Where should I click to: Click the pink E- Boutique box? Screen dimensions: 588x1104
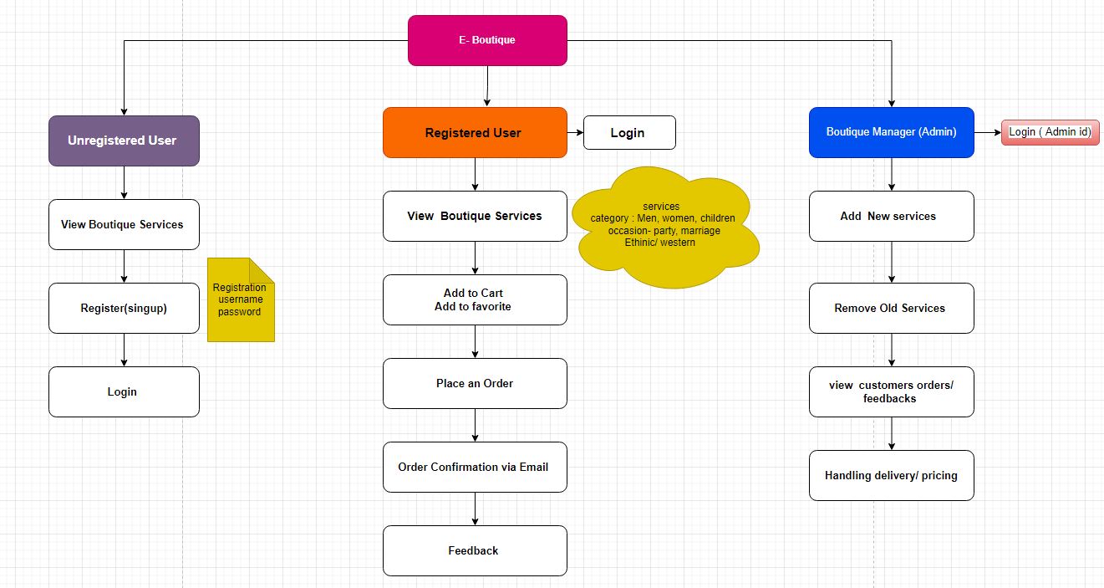click(487, 40)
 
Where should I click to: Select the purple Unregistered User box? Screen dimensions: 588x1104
click(124, 141)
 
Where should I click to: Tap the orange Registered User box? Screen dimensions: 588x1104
click(475, 132)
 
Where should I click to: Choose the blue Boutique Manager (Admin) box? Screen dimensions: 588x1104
click(891, 132)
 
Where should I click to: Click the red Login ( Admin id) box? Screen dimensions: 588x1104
click(1050, 132)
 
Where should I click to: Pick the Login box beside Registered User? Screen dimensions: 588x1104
click(628, 132)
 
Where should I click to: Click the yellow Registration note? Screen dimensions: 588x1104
click(240, 299)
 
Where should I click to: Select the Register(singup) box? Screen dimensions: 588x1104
click(124, 308)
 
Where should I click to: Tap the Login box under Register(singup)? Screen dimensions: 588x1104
click(124, 391)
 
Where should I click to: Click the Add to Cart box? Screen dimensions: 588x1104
click(475, 299)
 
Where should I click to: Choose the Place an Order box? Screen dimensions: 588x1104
click(475, 383)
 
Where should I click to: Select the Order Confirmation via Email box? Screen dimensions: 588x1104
click(475, 467)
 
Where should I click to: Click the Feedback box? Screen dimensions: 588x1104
click(475, 550)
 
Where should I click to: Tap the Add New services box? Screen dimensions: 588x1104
click(891, 216)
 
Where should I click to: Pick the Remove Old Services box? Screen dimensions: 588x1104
click(891, 308)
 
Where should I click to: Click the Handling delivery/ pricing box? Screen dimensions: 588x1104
click(891, 475)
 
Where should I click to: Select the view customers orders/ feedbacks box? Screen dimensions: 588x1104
click(891, 391)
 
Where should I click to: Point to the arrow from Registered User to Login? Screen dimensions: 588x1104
click(575, 132)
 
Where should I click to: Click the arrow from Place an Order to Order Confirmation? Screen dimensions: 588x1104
click(476, 425)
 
